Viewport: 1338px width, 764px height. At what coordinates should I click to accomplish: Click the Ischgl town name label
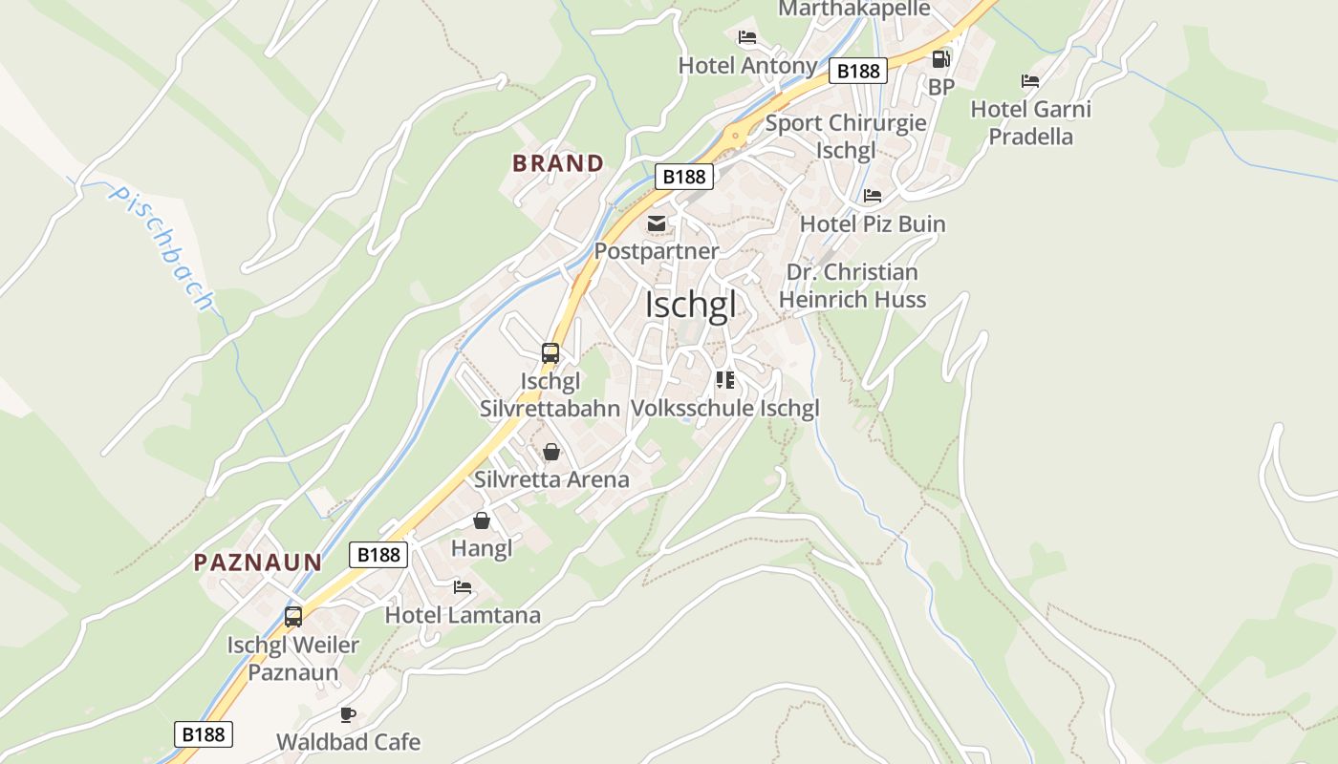coord(691,305)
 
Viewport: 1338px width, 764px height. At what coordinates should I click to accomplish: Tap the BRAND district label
coord(558,163)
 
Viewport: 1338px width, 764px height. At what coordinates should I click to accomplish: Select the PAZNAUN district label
coord(258,562)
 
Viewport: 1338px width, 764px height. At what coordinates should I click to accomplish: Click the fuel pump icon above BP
coord(941,59)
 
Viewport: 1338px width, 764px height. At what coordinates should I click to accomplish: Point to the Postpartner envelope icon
coord(657,223)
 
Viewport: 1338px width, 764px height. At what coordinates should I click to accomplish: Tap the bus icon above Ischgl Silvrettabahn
coord(550,352)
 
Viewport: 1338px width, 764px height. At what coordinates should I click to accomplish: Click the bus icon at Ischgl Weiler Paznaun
coord(293,617)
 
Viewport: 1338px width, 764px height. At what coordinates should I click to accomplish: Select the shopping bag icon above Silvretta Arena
coord(551,452)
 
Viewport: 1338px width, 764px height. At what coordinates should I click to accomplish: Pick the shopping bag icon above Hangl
coord(482,520)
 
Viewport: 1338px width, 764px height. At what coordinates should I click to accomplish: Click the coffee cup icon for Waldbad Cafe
coord(348,714)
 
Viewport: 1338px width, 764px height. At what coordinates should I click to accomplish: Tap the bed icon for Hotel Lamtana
coord(463,586)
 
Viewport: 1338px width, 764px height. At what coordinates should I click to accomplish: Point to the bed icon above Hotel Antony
coord(747,37)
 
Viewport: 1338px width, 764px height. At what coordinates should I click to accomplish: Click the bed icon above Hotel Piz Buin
coord(873,196)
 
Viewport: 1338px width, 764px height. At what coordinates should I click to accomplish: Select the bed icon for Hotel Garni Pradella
coord(1030,81)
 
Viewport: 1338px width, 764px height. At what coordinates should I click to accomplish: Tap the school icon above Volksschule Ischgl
coord(725,380)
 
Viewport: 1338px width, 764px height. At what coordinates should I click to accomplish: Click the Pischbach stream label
coord(161,246)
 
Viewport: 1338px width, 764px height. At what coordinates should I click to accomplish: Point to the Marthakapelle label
coord(853,9)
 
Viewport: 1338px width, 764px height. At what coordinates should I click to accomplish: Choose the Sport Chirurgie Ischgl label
coord(846,137)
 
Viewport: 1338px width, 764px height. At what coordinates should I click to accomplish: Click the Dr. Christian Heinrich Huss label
coord(852,286)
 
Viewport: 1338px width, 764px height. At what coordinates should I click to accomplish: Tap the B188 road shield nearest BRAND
coord(684,176)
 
